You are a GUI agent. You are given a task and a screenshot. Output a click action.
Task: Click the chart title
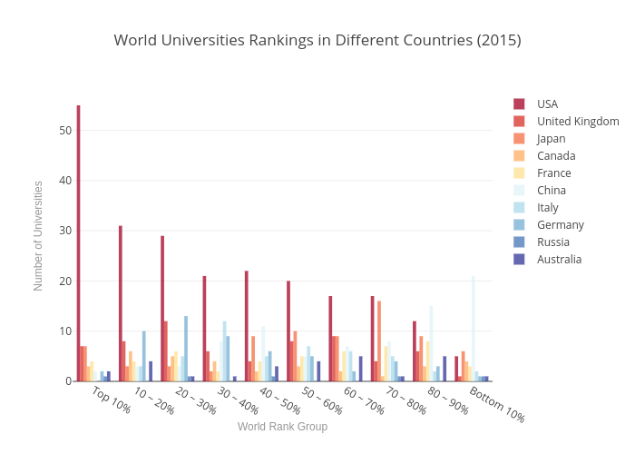[317, 40]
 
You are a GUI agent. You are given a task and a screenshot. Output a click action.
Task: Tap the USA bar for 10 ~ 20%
[120, 303]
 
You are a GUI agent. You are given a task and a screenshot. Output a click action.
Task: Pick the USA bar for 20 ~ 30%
[162, 309]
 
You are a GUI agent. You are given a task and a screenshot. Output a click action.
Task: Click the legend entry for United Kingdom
[577, 122]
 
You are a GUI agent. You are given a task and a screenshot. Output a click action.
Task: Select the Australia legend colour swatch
[519, 260]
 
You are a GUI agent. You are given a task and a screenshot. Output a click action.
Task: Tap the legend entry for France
[553, 173]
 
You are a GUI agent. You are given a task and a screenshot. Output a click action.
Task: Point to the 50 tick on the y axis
[64, 131]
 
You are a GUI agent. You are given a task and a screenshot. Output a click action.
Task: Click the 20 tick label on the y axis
[64, 281]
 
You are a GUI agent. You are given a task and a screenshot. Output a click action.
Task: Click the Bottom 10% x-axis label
[496, 405]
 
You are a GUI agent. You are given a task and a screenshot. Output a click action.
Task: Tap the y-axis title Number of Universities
[38, 236]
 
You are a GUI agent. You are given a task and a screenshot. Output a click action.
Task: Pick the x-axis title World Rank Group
[282, 427]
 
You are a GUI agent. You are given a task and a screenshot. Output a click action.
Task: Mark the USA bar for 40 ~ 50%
[246, 326]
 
